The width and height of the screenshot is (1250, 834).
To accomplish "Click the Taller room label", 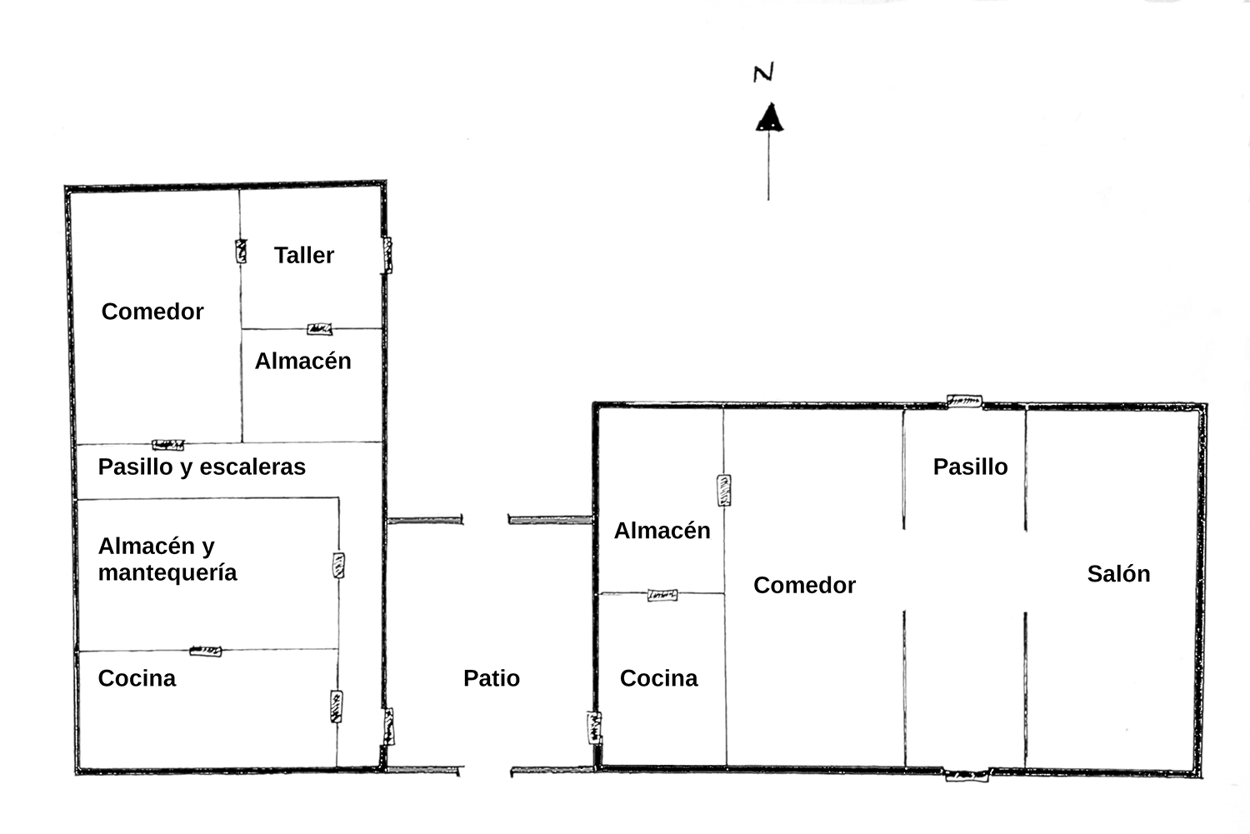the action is click(x=304, y=255).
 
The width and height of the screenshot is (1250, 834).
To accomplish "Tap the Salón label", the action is click(x=1119, y=573).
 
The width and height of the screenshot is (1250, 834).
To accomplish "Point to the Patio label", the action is click(x=492, y=678).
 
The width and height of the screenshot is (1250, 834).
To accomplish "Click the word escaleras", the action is click(x=252, y=467).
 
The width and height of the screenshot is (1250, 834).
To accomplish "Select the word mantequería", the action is click(x=167, y=573).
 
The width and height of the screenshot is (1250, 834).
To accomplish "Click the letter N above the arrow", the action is click(x=763, y=72).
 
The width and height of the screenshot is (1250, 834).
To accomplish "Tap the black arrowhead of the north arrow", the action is click(x=769, y=117).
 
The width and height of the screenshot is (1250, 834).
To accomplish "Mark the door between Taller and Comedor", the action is click(x=241, y=251).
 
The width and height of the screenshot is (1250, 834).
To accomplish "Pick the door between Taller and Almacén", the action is click(x=320, y=329).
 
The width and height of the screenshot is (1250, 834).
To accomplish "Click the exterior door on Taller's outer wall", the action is click(x=386, y=255).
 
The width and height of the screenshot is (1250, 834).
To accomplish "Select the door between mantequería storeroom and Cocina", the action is click(x=205, y=651).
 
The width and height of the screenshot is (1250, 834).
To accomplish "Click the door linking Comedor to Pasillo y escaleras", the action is click(x=168, y=445).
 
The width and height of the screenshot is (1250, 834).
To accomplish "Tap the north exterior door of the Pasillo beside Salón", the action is click(x=965, y=401).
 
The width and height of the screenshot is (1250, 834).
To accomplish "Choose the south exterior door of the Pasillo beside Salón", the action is click(x=967, y=775).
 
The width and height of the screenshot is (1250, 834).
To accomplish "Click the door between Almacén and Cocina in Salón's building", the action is click(x=662, y=595).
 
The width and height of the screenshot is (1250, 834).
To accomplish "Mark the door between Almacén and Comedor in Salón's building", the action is click(x=724, y=491).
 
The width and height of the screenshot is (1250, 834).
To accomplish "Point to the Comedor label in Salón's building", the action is click(x=805, y=585).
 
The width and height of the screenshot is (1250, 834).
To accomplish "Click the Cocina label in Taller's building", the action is click(x=137, y=678).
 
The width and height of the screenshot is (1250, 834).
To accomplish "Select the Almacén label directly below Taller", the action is click(x=303, y=361).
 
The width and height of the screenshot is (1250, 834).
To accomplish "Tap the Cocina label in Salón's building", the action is click(x=659, y=678).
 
